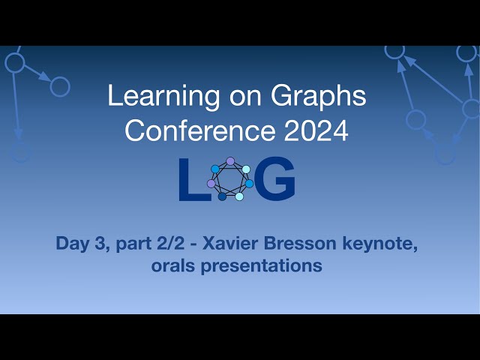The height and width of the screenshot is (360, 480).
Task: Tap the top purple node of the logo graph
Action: [x=230, y=161]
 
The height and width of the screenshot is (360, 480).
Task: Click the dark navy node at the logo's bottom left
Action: [x=222, y=196]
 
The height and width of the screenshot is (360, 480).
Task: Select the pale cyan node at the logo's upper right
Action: [x=246, y=169]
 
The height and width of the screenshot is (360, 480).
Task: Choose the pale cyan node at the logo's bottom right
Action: [x=239, y=196]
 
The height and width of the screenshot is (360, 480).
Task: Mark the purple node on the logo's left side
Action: [x=211, y=184]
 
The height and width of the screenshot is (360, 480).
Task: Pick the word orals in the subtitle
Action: [x=176, y=265]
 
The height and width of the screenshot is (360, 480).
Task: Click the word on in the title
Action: [x=235, y=96]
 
